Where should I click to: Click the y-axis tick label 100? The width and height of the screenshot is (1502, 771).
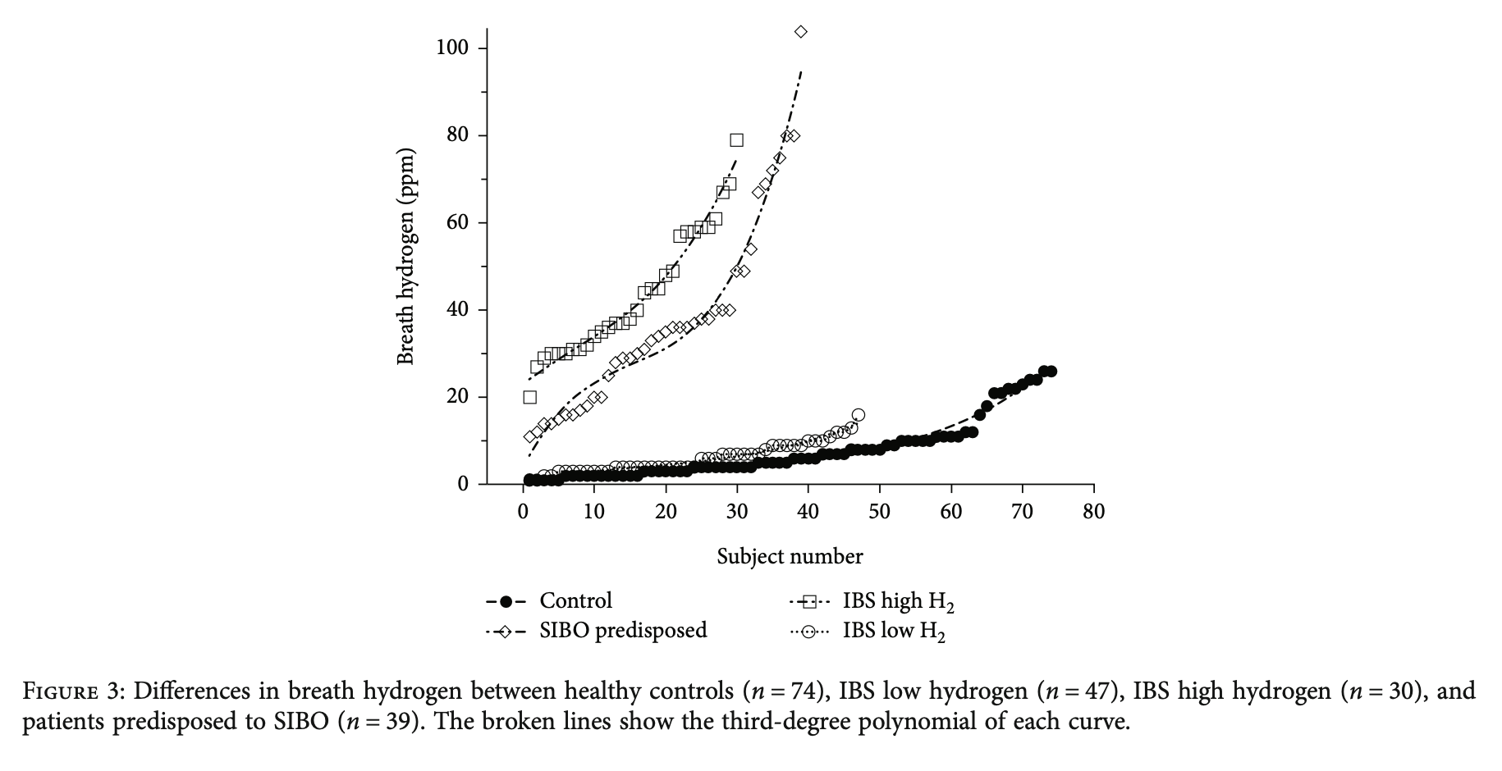[451, 48]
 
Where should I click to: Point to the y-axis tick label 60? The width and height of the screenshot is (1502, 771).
[456, 223]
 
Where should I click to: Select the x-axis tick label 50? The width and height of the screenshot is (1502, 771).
[880, 513]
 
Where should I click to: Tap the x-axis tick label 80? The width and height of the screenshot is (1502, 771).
[1094, 513]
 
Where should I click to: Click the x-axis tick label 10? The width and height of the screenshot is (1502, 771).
[594, 513]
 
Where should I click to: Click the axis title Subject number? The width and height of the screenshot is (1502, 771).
[790, 557]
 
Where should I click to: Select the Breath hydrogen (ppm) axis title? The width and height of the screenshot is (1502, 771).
[405, 257]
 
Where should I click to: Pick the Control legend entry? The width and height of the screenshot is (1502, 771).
[575, 601]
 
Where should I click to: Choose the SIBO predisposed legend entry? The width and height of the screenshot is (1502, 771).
[623, 631]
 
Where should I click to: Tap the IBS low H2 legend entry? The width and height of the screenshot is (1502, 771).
[894, 632]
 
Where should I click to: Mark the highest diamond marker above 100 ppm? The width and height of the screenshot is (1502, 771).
[801, 32]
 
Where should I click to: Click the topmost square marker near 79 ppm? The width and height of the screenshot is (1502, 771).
[736, 140]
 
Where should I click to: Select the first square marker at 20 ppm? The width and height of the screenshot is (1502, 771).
[530, 397]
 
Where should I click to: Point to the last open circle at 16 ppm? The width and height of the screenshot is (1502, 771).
[859, 415]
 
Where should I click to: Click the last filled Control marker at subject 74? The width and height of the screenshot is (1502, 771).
[1051, 372]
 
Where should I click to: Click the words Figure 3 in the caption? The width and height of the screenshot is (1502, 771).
[72, 691]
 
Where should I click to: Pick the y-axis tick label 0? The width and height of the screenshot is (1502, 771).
[464, 485]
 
